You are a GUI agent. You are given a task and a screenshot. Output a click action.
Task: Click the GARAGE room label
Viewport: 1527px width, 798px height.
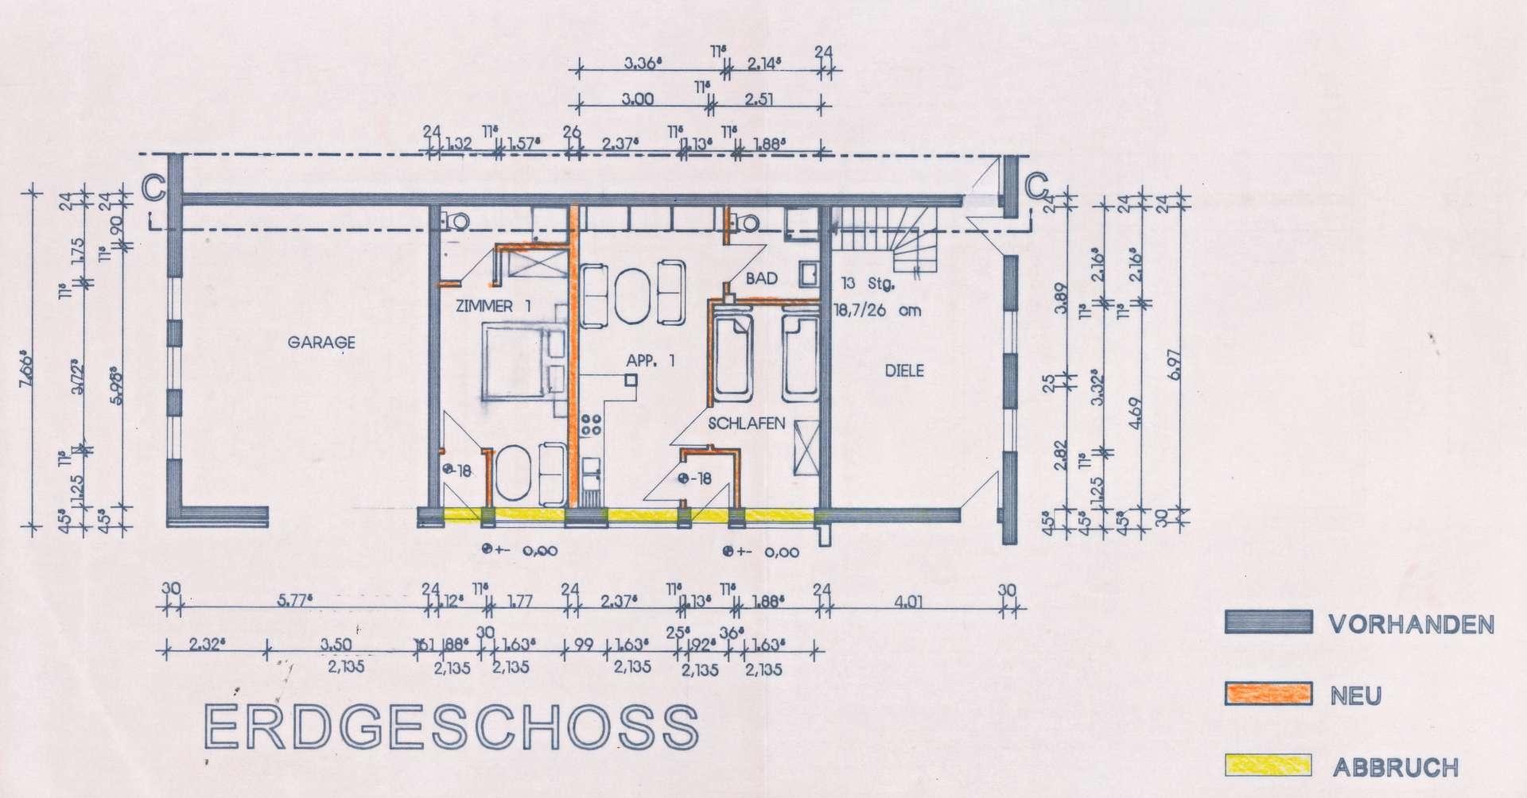tap(321, 343)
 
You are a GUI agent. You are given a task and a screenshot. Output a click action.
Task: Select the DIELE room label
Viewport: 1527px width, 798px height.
tap(904, 370)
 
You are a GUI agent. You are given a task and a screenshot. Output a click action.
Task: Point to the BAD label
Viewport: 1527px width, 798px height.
tap(761, 279)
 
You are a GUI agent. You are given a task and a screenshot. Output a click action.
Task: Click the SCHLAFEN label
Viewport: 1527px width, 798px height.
tap(747, 424)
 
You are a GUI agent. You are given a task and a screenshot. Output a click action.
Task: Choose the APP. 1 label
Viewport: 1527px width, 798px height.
tap(651, 360)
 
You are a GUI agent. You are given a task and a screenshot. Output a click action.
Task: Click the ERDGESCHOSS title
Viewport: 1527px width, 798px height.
tap(451, 726)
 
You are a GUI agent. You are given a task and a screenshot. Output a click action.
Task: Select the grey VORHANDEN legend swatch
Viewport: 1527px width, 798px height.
tap(1268, 622)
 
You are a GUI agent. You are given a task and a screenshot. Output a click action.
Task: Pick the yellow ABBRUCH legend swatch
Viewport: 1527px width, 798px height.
tap(1268, 765)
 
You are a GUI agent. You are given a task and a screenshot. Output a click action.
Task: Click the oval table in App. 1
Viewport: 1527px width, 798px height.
tap(633, 296)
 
